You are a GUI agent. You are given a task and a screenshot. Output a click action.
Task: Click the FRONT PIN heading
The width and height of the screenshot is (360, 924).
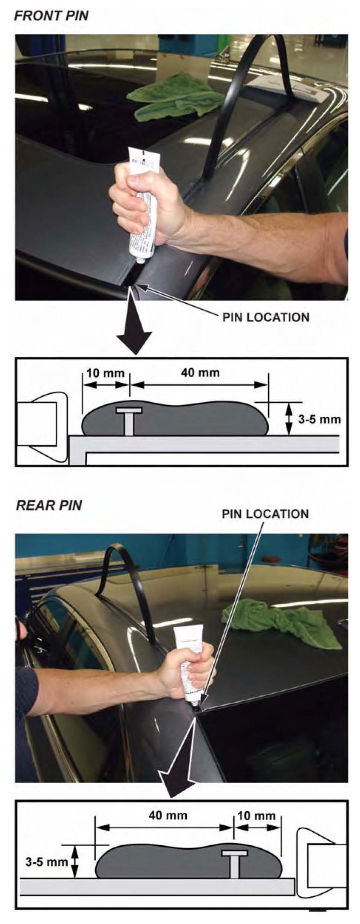coord(51,16)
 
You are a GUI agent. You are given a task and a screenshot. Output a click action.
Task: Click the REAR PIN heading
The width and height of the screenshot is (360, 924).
coord(49,505)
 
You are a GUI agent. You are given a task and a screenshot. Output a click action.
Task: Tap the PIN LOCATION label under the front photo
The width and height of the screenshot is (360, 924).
coord(265,317)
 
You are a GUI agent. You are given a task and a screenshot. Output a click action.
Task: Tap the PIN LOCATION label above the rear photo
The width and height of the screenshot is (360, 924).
coord(265,514)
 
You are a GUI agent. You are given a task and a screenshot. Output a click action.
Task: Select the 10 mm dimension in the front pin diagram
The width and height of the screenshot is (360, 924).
coord(105,373)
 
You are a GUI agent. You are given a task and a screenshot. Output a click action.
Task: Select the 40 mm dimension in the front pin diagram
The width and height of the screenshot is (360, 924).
coord(200,372)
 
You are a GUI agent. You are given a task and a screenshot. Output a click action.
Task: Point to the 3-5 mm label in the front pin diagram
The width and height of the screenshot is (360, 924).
coord(319,419)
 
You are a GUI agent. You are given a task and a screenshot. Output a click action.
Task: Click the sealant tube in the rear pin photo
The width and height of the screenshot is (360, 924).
coord(189,657)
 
